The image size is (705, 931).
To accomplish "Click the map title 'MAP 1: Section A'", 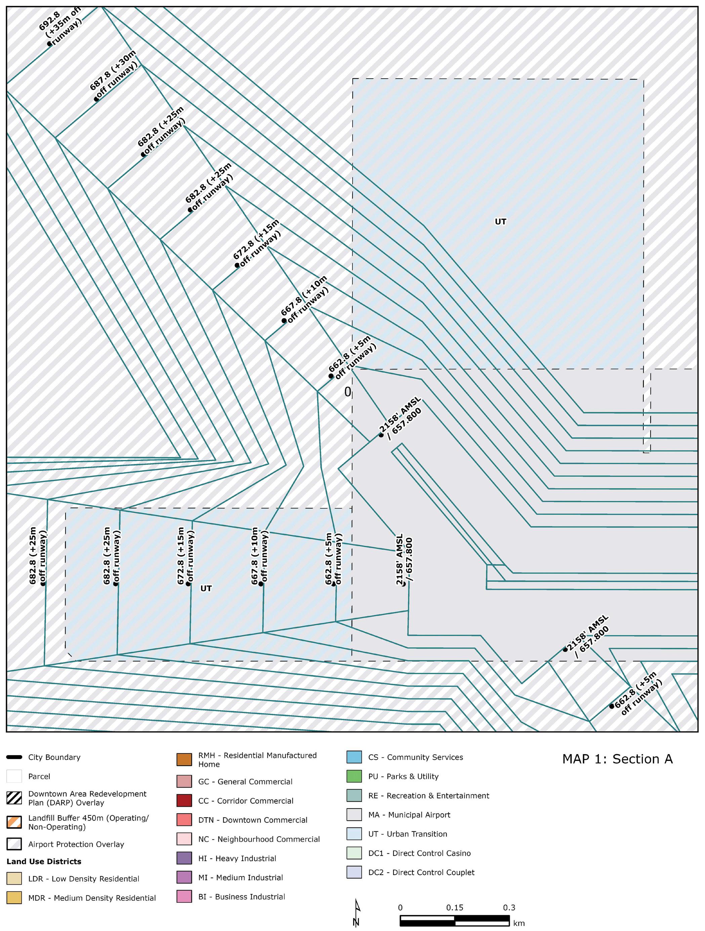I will click(617, 759).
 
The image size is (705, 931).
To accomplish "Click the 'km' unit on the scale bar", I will click(519, 923).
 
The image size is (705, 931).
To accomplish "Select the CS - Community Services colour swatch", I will click(354, 757).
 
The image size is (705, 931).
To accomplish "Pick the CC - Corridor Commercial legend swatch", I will click(184, 800).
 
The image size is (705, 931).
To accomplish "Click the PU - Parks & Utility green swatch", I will click(354, 777).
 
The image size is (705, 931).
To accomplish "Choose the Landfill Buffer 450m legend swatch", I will click(14, 822).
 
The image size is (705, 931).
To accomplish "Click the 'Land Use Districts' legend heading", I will click(44, 862).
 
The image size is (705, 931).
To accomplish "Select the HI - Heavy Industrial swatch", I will click(184, 858).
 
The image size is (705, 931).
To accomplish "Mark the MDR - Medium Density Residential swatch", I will click(14, 898).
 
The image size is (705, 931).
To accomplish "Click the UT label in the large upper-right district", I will click(500, 222).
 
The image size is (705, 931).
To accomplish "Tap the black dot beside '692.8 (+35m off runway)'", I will click(49, 43).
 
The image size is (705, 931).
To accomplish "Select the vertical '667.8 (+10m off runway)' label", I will click(259, 556).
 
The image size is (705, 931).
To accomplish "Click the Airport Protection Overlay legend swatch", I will click(14, 844).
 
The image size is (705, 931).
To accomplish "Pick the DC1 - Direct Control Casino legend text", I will click(419, 853).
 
